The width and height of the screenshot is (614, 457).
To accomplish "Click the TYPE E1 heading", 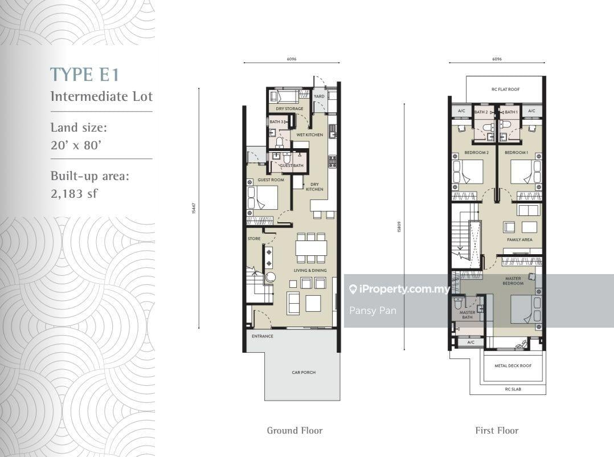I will (x=85, y=74).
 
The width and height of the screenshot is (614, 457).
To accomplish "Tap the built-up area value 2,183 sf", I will (x=74, y=194).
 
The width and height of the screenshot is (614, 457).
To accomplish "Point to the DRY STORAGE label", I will (x=289, y=109).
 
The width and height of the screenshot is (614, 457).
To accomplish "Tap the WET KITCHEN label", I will (x=310, y=135).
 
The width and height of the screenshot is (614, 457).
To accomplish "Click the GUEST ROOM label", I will (x=271, y=180).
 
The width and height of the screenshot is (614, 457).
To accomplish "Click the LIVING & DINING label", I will (x=310, y=271).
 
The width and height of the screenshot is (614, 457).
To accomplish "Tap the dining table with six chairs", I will (x=311, y=248).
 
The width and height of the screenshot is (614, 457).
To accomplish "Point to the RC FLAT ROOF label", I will (x=506, y=89).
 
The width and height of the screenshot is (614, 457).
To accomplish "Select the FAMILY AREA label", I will (x=519, y=240).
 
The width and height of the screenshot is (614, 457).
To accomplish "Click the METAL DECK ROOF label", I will (x=513, y=366).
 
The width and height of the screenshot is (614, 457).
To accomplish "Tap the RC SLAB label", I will (x=513, y=389).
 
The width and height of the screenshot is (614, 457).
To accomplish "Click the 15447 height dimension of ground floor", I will (x=194, y=209).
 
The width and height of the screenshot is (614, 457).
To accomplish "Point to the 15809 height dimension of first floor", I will (x=399, y=226).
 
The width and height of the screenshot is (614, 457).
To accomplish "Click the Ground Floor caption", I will (x=294, y=431).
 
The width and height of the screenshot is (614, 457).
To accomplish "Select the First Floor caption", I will (x=497, y=431).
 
